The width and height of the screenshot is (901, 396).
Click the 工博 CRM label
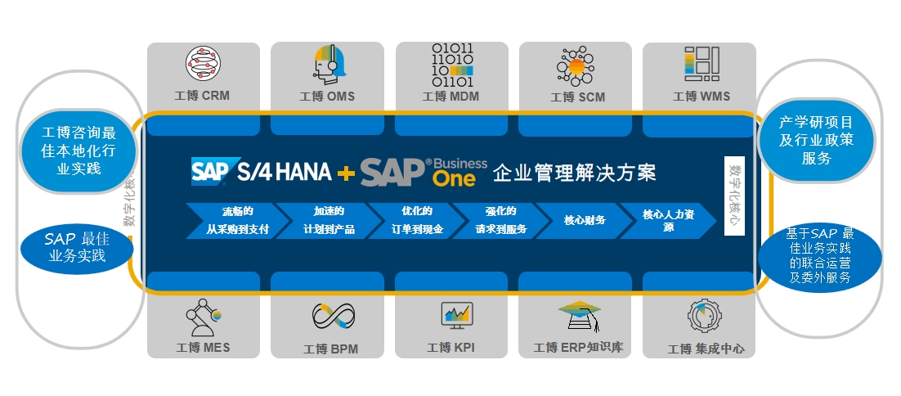point(202,96)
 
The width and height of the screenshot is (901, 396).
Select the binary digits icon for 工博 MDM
point(452,65)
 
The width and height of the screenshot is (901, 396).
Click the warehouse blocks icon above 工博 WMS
point(701,63)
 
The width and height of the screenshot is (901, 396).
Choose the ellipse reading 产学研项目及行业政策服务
point(816,141)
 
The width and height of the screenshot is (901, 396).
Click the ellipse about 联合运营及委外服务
point(818,255)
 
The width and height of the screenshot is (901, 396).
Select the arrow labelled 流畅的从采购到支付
point(232,220)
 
